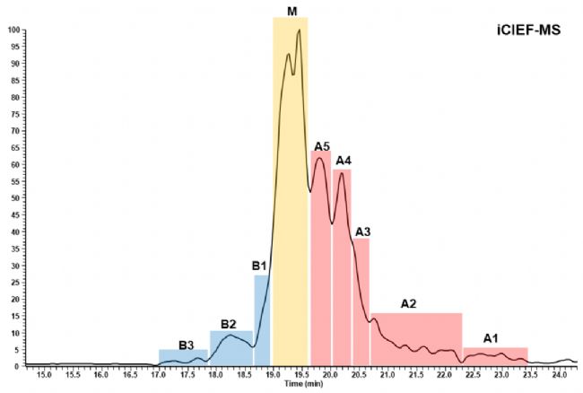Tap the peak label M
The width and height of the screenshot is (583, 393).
(291, 10)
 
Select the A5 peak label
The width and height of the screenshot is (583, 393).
(322, 145)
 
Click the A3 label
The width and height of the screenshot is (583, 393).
(362, 231)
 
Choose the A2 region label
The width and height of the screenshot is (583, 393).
(408, 304)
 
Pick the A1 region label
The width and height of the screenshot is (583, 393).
(491, 338)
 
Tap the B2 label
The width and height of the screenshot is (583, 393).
(228, 323)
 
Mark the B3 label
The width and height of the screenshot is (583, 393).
(186, 344)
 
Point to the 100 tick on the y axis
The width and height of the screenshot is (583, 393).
(13, 31)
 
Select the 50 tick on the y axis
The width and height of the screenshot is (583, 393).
(14, 198)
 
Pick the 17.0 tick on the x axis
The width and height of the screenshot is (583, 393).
(158, 374)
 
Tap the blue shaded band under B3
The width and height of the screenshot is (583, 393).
(184, 357)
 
